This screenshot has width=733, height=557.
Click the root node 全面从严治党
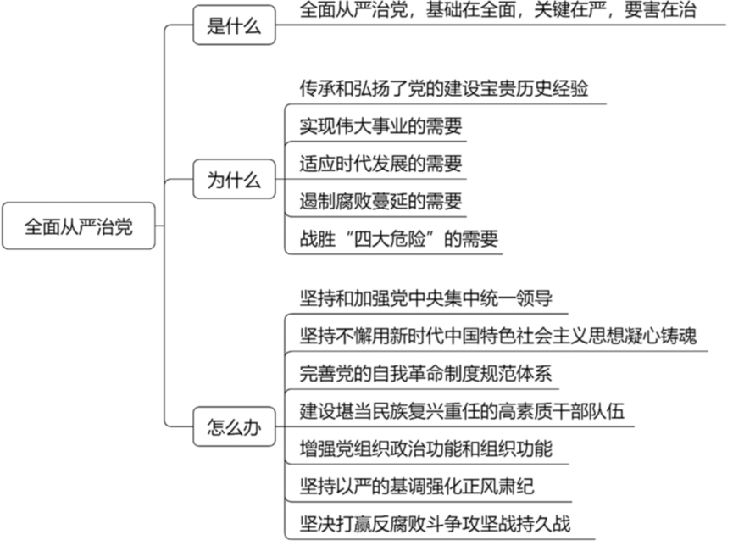point(78,227)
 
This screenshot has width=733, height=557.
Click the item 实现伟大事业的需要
point(380,126)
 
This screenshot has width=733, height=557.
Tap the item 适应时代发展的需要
point(380,164)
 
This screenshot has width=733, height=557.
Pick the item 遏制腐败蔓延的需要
point(380,202)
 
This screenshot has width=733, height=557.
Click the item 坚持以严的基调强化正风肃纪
point(416,486)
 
